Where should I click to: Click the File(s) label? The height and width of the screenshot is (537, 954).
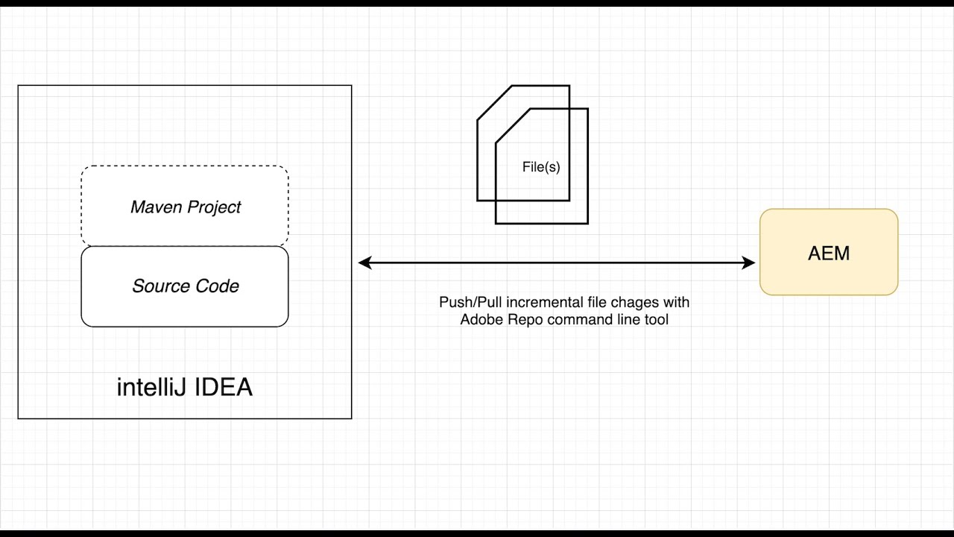pos(541,168)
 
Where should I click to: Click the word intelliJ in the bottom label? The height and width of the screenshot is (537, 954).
pos(148,387)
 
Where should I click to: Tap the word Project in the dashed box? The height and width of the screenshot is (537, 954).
pos(213,207)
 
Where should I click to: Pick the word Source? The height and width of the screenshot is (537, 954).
pos(158,286)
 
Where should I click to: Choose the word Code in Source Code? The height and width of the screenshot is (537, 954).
pos(218,286)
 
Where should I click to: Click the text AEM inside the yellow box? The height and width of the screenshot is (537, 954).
pos(828,254)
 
